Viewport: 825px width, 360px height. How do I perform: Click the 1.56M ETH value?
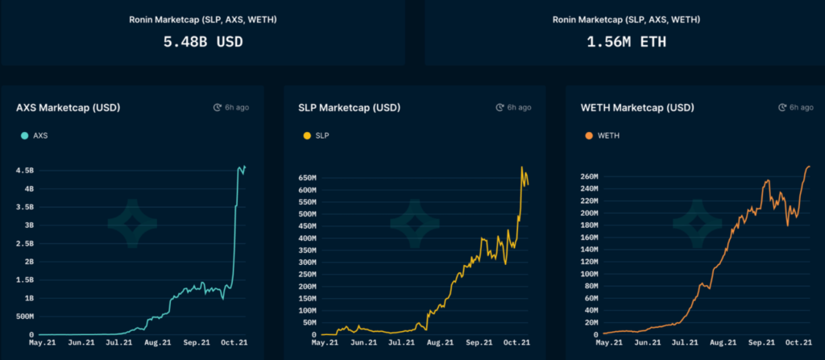[626, 41]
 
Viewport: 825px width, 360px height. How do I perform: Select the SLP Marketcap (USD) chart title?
[350, 107]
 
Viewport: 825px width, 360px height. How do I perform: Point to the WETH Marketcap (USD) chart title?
[636, 107]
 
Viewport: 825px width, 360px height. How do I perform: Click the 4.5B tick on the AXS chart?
[23, 171]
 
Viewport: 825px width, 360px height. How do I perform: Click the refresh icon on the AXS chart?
[217, 107]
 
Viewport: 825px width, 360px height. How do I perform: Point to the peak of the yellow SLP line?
[523, 168]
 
